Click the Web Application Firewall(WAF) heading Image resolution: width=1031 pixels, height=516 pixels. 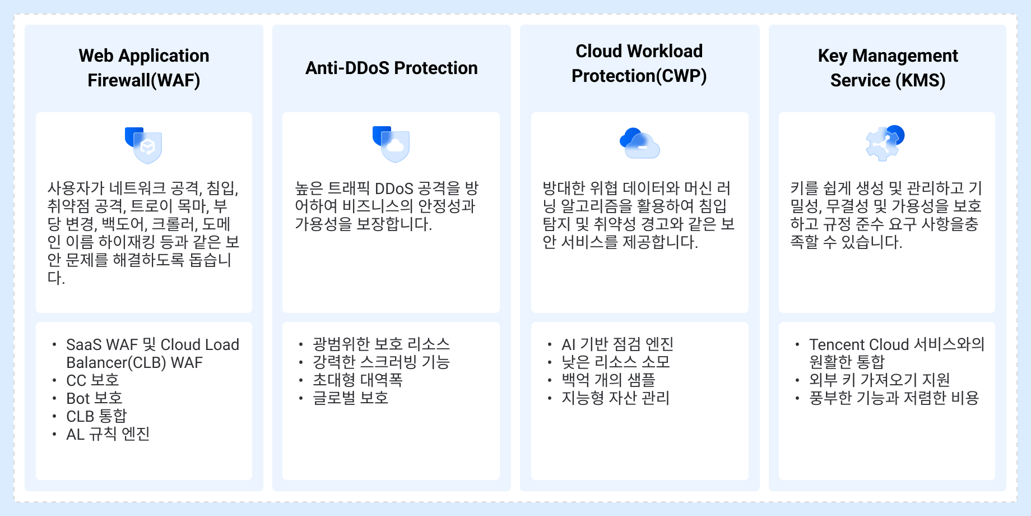144,68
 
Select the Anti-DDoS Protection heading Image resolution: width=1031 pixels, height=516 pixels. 392,68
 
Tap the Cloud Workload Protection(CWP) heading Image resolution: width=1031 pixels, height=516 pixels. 639,63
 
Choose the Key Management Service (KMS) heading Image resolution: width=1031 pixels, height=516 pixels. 888,68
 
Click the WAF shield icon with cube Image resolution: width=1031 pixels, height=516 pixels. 144,145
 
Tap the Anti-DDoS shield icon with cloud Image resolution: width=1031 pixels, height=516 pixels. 391,144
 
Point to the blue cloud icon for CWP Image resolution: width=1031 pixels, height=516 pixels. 639,144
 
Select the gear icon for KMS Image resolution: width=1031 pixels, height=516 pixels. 885,143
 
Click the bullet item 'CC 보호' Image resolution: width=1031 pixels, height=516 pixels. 92,380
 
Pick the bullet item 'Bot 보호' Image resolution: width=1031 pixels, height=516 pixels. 94,398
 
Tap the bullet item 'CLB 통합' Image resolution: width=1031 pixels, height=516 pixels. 96,416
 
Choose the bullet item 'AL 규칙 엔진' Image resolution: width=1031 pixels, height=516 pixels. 108,434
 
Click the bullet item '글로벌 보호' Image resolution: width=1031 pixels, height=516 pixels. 350,398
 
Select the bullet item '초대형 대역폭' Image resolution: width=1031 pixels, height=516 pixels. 357,380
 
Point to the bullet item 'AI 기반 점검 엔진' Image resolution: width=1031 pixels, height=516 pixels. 617,344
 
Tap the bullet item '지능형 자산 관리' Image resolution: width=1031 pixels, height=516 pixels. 615,398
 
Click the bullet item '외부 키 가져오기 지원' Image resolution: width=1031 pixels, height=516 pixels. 879,380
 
